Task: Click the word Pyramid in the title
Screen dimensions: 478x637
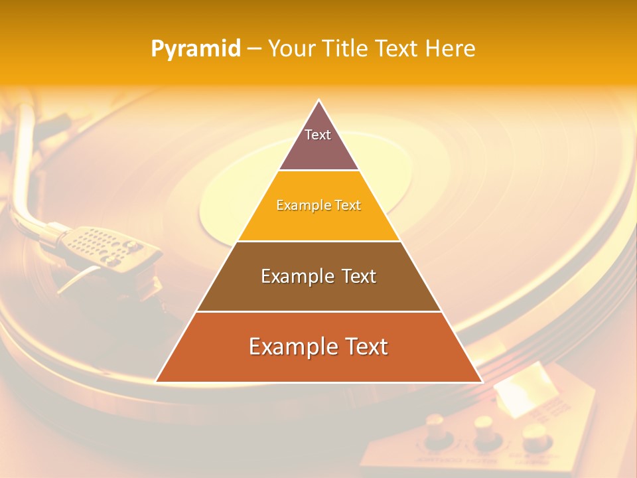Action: pos(196,49)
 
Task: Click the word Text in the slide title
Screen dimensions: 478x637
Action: pos(397,48)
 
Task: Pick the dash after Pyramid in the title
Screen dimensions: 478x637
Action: pos(253,49)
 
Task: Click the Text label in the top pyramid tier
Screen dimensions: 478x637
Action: pos(318,135)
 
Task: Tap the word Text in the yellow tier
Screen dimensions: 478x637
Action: pos(348,206)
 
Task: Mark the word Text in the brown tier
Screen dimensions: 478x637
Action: pos(359,276)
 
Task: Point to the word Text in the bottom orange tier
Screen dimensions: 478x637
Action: pos(365,347)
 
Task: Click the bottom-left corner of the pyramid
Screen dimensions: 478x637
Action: pos(157,381)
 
